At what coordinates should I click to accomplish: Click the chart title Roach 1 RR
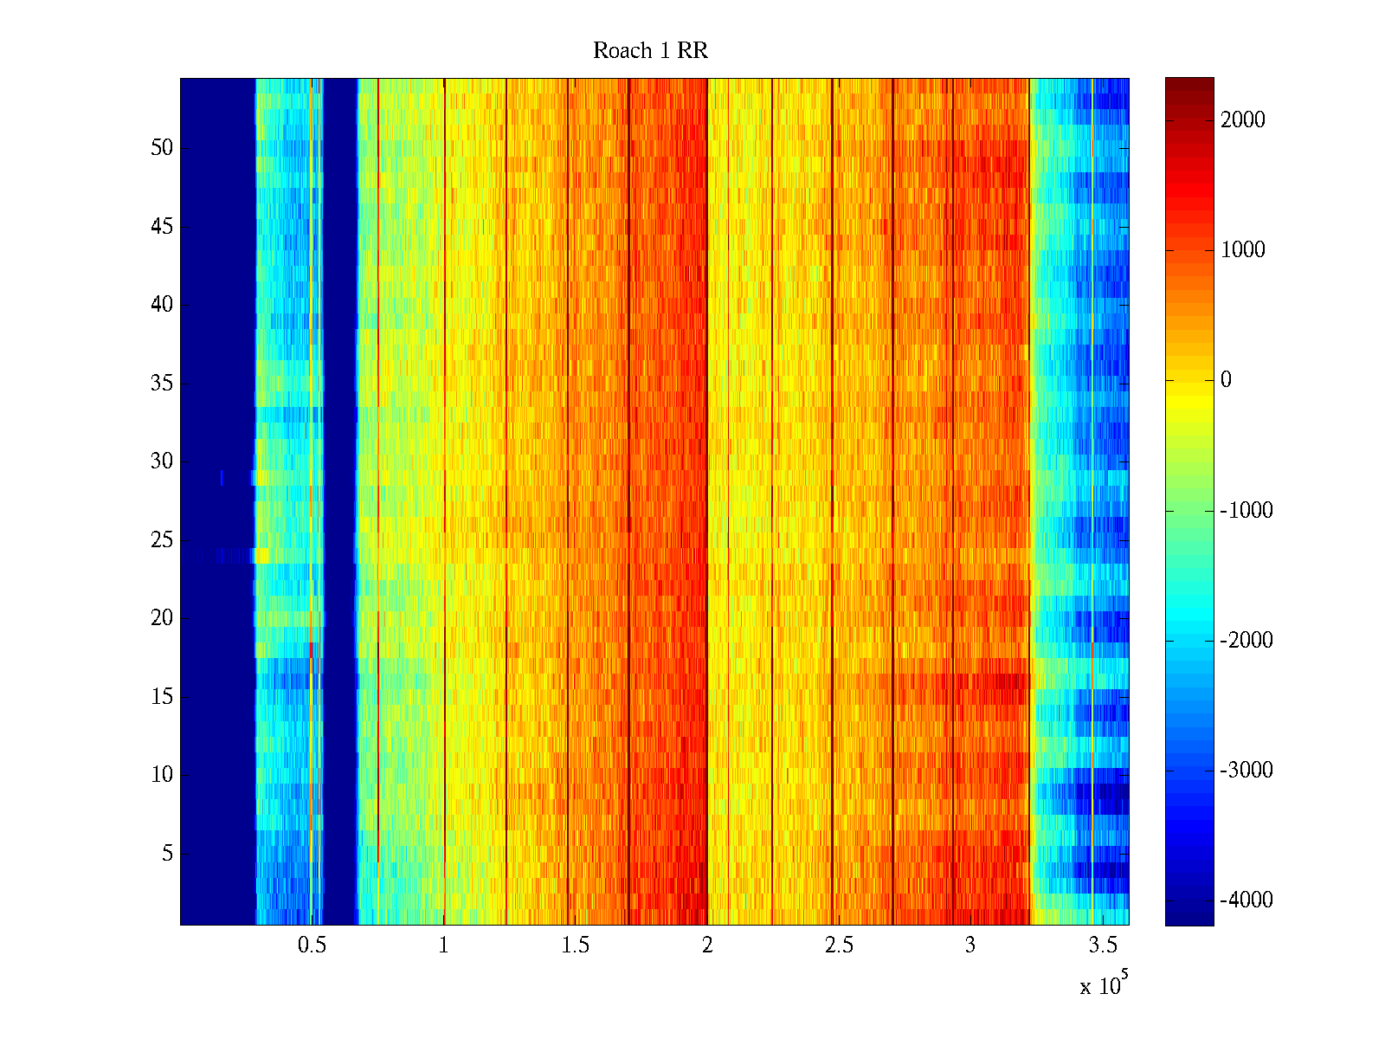click(x=650, y=51)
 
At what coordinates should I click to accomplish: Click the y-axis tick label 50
click(x=162, y=148)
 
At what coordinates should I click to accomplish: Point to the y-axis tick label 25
click(x=162, y=540)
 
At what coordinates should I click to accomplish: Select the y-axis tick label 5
click(x=167, y=854)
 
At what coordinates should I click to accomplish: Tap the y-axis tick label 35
click(x=162, y=384)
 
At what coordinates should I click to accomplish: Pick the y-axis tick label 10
click(x=162, y=775)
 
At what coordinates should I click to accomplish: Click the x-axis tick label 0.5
click(x=312, y=945)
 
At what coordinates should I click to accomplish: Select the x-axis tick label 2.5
click(x=839, y=945)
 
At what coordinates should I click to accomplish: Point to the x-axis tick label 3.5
click(x=1102, y=945)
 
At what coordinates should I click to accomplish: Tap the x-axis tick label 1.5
click(x=576, y=945)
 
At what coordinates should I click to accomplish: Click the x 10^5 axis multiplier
click(x=1104, y=984)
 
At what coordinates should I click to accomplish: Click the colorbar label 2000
click(x=1243, y=120)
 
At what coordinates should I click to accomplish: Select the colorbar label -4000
click(x=1246, y=900)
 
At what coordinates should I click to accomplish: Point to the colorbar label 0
click(x=1226, y=380)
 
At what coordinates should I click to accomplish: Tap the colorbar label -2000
click(x=1246, y=641)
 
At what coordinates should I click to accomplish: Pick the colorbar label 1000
click(x=1243, y=250)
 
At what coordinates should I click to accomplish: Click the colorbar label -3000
click(x=1246, y=771)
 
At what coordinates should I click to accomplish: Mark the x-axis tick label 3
click(x=970, y=945)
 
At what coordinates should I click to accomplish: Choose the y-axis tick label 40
click(x=162, y=305)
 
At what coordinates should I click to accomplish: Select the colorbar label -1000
click(x=1246, y=511)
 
